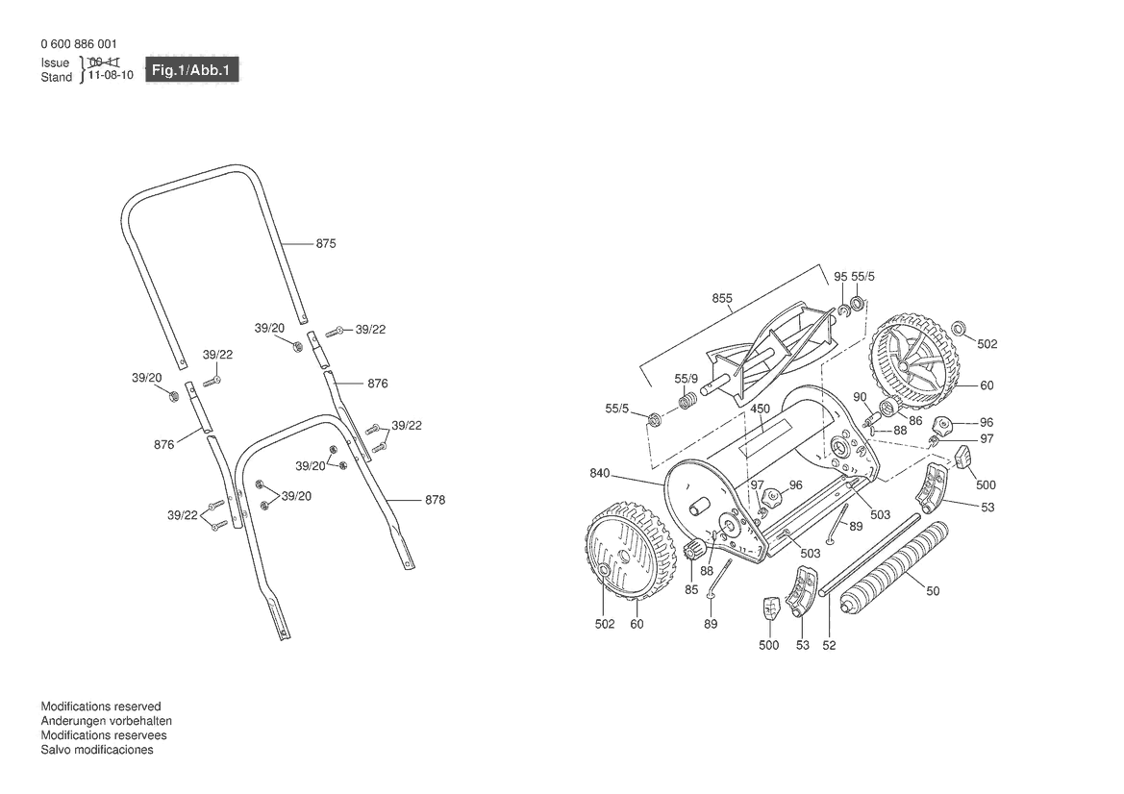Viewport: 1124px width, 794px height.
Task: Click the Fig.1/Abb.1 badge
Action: (191, 70)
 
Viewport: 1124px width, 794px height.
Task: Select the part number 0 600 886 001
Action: (79, 43)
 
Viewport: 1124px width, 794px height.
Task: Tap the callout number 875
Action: (326, 243)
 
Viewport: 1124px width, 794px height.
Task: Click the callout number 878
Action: (436, 500)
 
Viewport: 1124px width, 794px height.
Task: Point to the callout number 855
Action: (722, 298)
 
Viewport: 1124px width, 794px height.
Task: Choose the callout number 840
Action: (600, 473)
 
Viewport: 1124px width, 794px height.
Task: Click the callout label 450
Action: (760, 409)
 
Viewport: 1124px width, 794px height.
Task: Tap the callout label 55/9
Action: (686, 379)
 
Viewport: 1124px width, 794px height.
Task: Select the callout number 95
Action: (841, 277)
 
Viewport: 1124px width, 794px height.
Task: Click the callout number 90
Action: (861, 397)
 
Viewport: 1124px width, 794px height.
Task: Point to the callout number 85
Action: (691, 590)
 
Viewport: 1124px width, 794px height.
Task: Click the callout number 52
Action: (829, 645)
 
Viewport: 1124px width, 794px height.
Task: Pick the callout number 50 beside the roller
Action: (933, 591)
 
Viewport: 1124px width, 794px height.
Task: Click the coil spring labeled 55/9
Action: (688, 400)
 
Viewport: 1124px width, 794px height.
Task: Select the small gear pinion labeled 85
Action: (694, 552)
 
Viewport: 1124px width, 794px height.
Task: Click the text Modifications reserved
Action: (101, 707)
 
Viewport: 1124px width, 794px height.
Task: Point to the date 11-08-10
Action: (112, 75)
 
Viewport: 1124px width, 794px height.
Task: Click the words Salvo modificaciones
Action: (97, 750)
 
